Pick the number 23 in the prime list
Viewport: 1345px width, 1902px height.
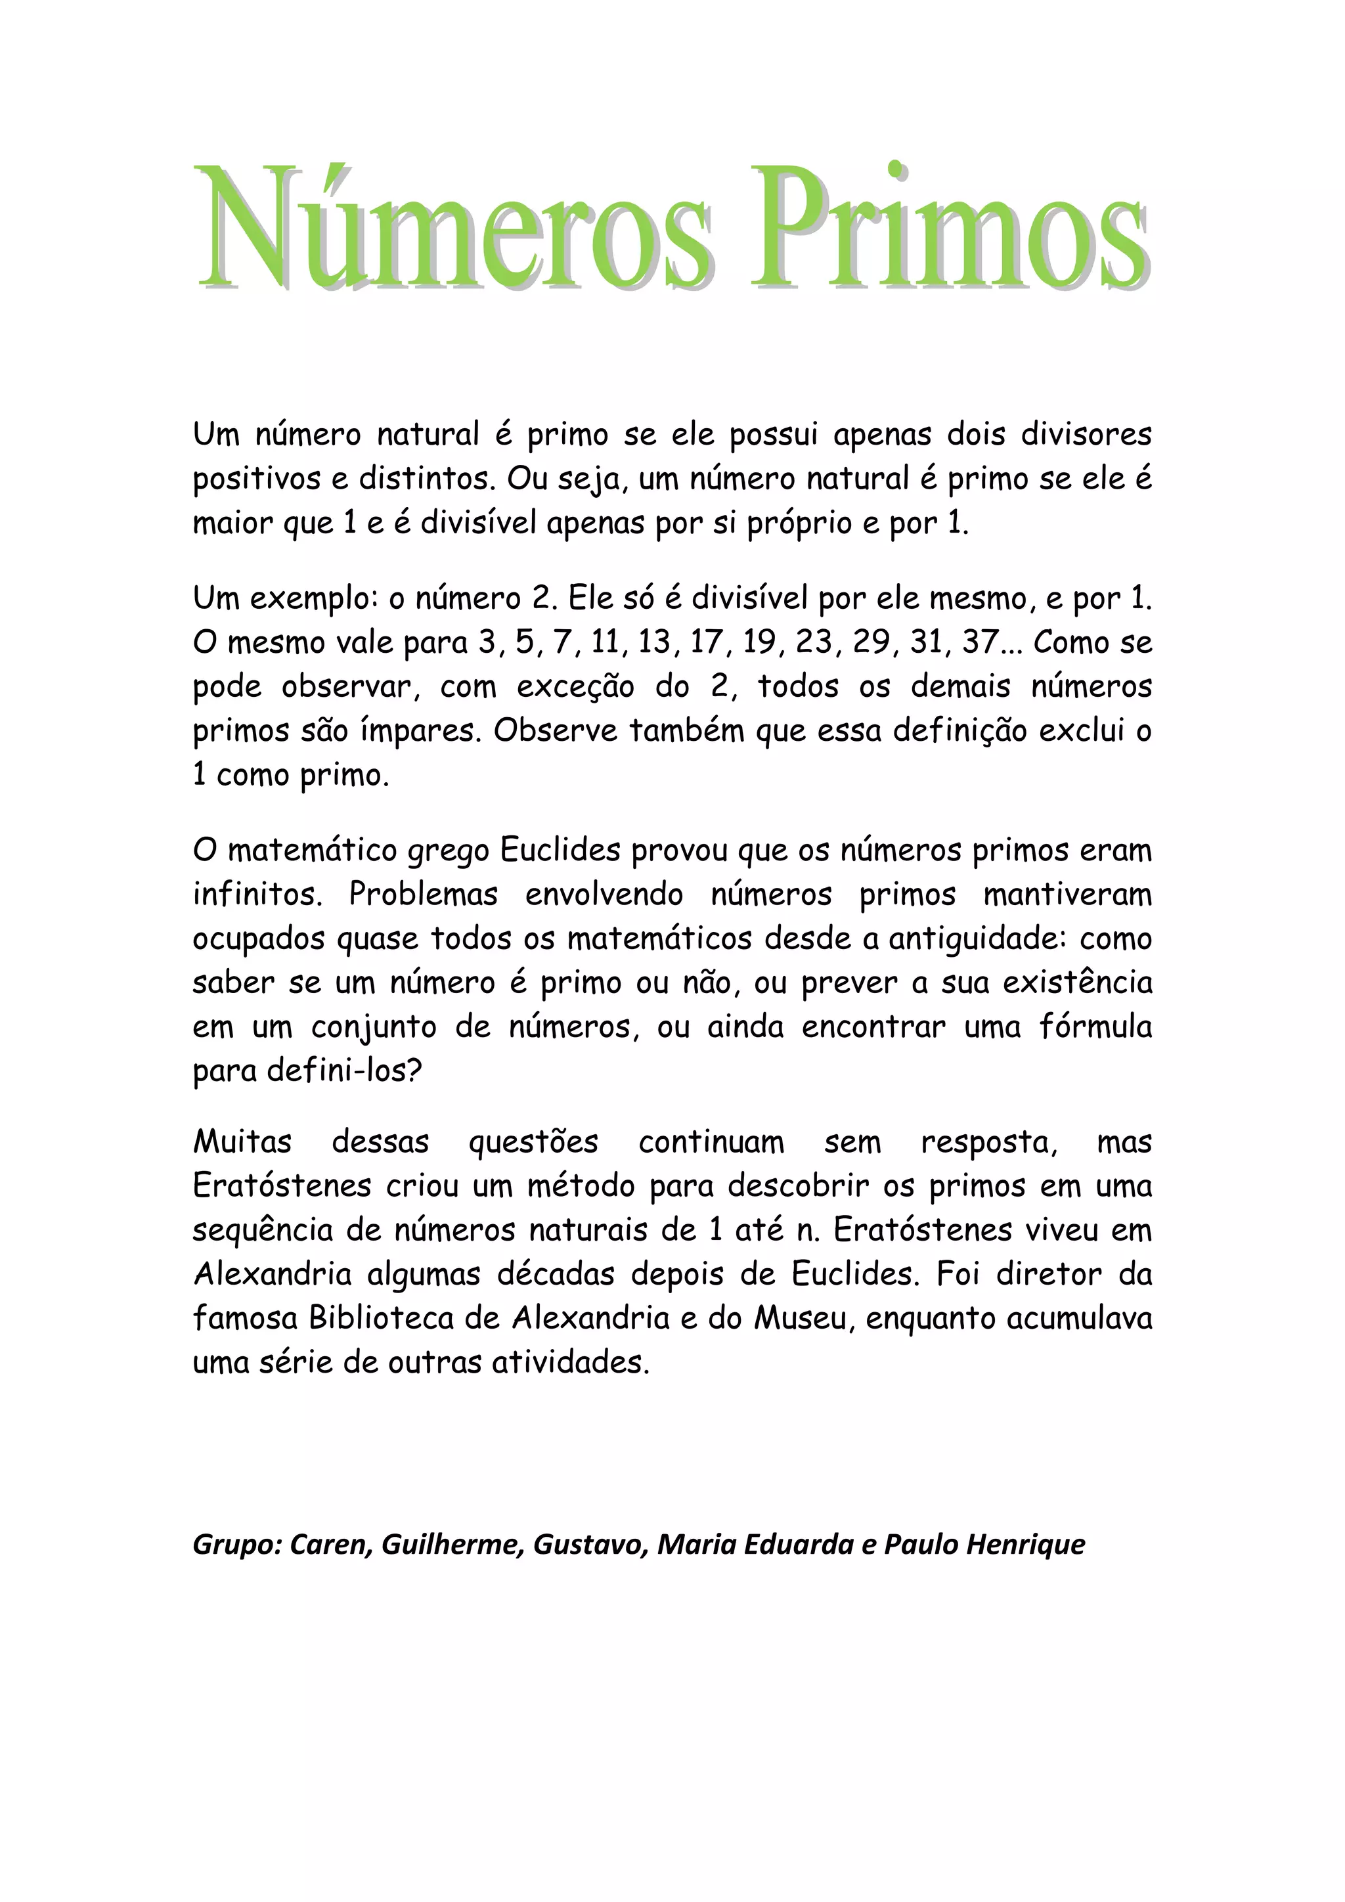(812, 643)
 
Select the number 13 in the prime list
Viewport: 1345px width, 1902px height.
(654, 643)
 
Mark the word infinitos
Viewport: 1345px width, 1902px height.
(257, 895)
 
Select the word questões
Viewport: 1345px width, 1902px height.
(533, 1142)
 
